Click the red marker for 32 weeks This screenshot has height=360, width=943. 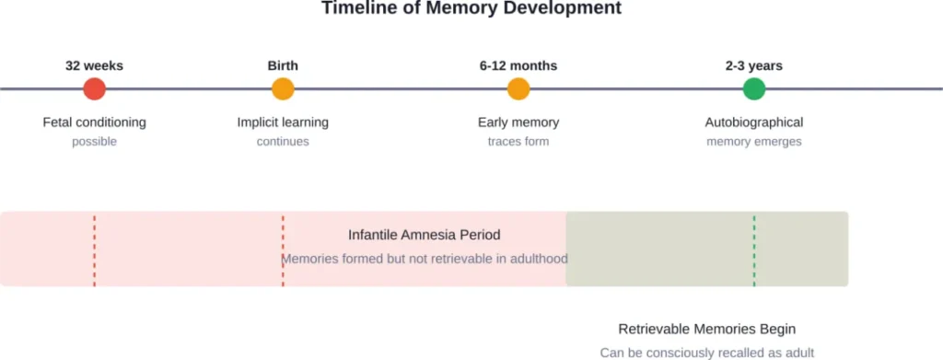click(x=94, y=89)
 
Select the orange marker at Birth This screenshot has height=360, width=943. click(x=283, y=89)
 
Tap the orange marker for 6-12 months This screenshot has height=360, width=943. click(x=518, y=89)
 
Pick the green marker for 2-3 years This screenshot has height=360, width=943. click(x=754, y=89)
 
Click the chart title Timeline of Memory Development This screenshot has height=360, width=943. click(x=471, y=8)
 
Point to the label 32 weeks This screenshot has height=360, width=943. click(x=94, y=66)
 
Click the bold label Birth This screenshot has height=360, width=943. click(x=283, y=66)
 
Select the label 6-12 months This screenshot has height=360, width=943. click(x=518, y=66)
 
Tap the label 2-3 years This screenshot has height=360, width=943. click(x=754, y=66)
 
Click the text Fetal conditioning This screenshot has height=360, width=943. click(x=94, y=122)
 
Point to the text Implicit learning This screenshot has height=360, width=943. click(x=283, y=122)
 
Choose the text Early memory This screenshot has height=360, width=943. click(x=518, y=122)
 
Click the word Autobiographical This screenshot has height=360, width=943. click(x=754, y=122)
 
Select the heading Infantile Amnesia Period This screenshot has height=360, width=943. click(x=425, y=235)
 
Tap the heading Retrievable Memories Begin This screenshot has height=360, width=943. click(x=707, y=329)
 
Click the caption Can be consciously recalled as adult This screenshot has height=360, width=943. click(x=707, y=352)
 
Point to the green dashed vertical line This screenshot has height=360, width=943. click(x=754, y=249)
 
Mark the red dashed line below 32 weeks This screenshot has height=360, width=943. click(x=94, y=249)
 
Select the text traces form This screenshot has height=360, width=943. click(x=518, y=142)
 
